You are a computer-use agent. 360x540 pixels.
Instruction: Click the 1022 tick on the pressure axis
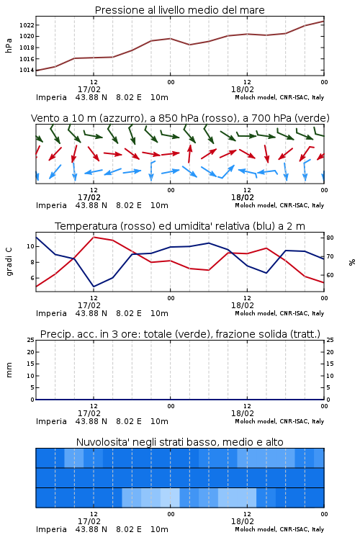point(26,25)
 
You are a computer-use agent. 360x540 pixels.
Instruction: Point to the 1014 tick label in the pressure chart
point(26,71)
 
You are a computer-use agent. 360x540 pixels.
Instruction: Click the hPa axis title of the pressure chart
point(9,45)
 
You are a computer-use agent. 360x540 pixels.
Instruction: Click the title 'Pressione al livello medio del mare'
point(180,10)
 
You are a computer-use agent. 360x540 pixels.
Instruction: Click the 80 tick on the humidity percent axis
point(330,238)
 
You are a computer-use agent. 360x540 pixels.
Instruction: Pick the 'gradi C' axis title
point(9,261)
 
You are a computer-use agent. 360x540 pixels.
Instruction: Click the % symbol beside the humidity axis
point(352,262)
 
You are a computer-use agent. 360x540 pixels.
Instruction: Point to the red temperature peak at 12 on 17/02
point(94,237)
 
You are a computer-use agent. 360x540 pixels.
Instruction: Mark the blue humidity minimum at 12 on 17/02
point(94,287)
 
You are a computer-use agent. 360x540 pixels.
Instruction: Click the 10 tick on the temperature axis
point(30,246)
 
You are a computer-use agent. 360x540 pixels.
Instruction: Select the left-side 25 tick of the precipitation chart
point(30,341)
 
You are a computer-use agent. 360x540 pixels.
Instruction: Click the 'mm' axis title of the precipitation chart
point(9,370)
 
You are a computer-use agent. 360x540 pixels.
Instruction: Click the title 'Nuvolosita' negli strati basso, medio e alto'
point(180,442)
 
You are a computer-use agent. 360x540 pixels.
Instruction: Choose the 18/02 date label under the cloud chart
point(243,521)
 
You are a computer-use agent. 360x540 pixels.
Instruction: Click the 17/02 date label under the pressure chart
point(89,89)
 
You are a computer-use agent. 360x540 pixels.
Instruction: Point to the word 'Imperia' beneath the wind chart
point(51,206)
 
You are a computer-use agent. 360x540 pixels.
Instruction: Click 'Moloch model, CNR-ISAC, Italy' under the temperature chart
point(279,313)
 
